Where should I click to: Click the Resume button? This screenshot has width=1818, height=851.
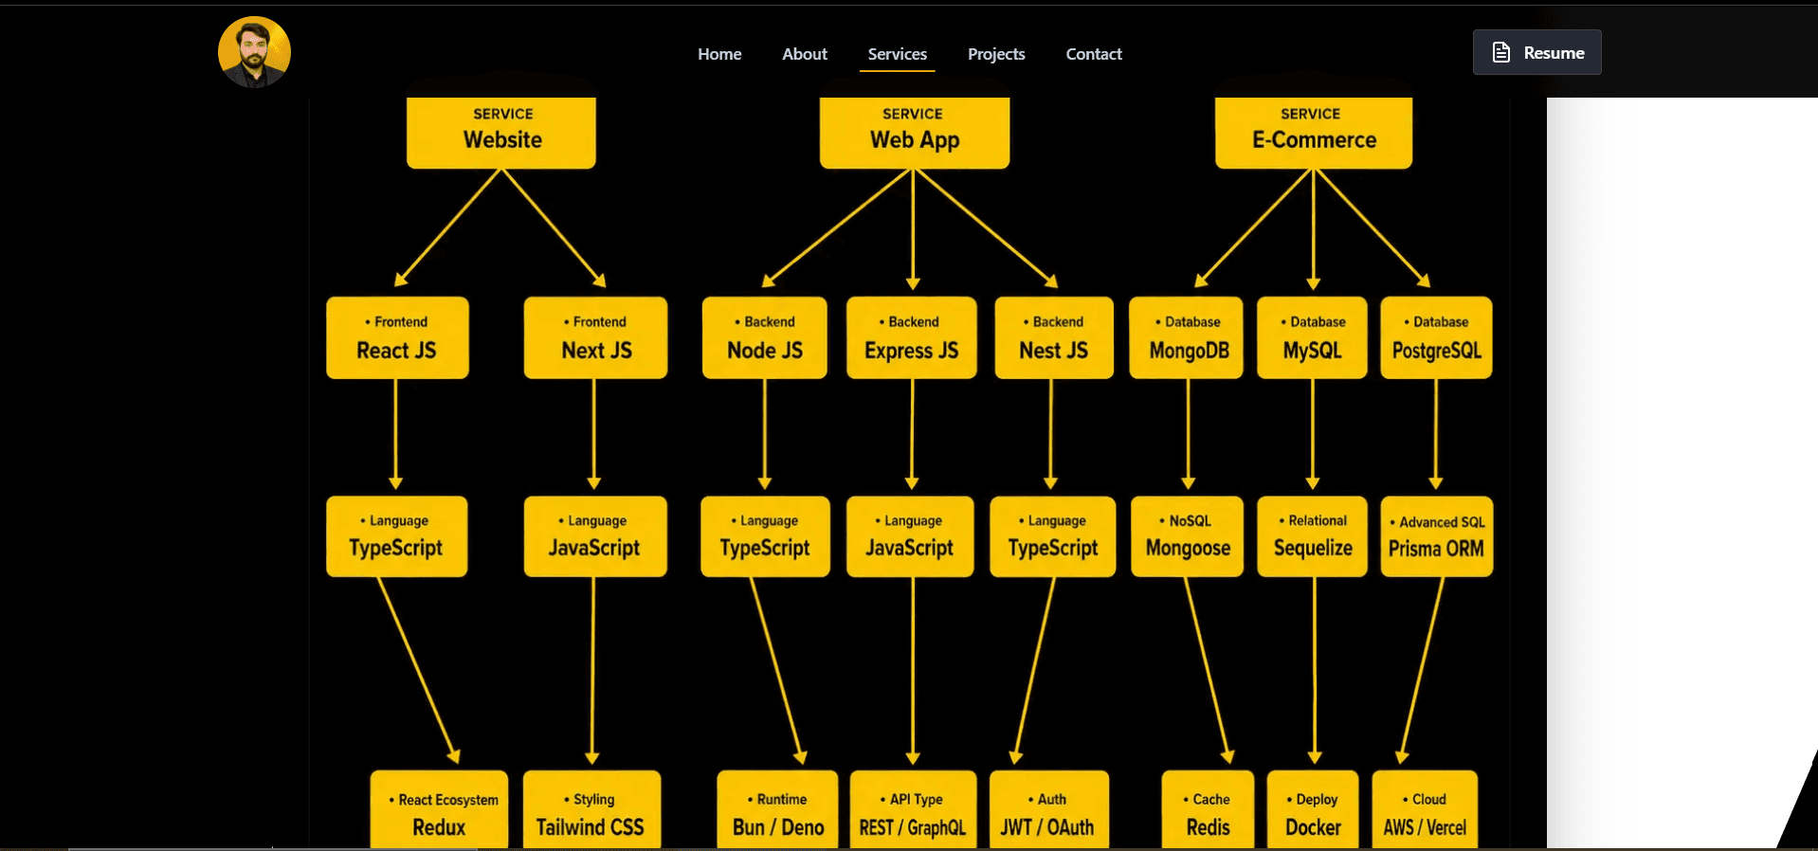click(x=1536, y=52)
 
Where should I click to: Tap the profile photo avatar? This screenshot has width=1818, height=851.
click(x=254, y=52)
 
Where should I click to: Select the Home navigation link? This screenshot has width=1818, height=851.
click(x=719, y=54)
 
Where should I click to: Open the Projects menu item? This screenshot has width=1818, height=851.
click(x=996, y=54)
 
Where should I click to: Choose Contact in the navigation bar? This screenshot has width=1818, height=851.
click(x=1094, y=54)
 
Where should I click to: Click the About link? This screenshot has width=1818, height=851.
click(x=805, y=54)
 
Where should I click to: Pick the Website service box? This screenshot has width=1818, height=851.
click(x=501, y=133)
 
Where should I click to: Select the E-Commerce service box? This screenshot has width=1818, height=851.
click(x=1314, y=133)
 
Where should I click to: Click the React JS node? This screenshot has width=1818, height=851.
click(x=397, y=338)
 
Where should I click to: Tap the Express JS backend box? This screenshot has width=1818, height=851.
click(x=912, y=338)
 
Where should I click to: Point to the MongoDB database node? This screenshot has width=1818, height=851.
click(x=1187, y=338)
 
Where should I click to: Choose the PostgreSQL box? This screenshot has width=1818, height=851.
click(x=1437, y=338)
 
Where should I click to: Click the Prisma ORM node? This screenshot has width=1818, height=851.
click(x=1437, y=536)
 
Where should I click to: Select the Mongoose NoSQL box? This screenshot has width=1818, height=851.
click(x=1188, y=536)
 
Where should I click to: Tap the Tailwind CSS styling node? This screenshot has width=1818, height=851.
click(x=591, y=810)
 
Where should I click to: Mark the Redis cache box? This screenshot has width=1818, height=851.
click(x=1208, y=810)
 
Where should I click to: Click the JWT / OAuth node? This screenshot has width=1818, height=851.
click(x=1048, y=810)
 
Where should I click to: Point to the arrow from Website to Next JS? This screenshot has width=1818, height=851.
click(x=554, y=227)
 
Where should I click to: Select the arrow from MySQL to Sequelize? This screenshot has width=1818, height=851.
click(x=1313, y=434)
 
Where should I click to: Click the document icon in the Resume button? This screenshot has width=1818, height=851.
click(x=1501, y=52)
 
